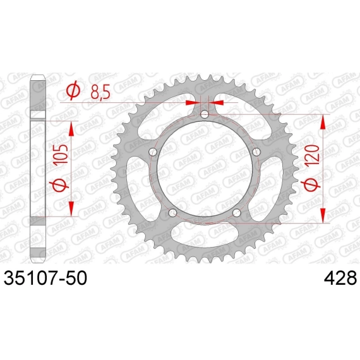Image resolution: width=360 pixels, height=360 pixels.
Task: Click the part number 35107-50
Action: (45, 278)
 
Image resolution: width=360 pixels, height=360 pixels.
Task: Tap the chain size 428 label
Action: (340, 278)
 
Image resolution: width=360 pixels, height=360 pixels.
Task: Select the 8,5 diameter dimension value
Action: (100, 92)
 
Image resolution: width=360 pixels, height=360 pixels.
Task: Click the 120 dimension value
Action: (313, 154)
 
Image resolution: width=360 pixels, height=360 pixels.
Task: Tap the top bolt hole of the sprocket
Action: (205, 114)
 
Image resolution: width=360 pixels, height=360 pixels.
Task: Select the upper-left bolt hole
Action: (153, 152)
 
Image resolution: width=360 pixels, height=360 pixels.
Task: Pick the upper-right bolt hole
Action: (256, 152)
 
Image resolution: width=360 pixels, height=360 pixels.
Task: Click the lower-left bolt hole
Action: (172, 213)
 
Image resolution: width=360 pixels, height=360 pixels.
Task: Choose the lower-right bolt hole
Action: (237, 213)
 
